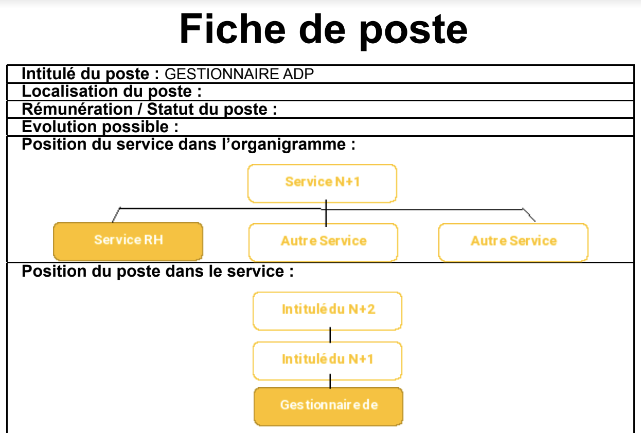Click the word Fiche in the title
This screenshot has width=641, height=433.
pos(233,29)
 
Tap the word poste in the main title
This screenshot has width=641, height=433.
pos(413,31)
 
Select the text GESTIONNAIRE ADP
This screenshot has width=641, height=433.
pos(239,74)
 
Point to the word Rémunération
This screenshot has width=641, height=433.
pos(77,109)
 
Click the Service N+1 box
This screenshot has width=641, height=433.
pos(322,183)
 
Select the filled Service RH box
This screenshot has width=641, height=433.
pos(128,241)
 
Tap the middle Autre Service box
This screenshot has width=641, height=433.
pos(323,243)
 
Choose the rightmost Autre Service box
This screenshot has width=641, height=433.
pos(513,243)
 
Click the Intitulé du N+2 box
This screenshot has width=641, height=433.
pos(327,311)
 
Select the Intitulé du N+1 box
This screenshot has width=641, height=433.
pos(327,360)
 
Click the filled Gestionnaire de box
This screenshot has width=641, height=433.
pos(328,406)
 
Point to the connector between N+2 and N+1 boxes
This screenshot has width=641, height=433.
pos(330,335)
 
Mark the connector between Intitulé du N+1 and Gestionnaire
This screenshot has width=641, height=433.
pos(330,381)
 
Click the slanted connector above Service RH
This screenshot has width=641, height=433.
pos(116,214)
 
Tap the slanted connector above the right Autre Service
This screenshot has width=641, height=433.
pos(529,215)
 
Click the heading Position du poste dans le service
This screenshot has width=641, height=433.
pos(157,271)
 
